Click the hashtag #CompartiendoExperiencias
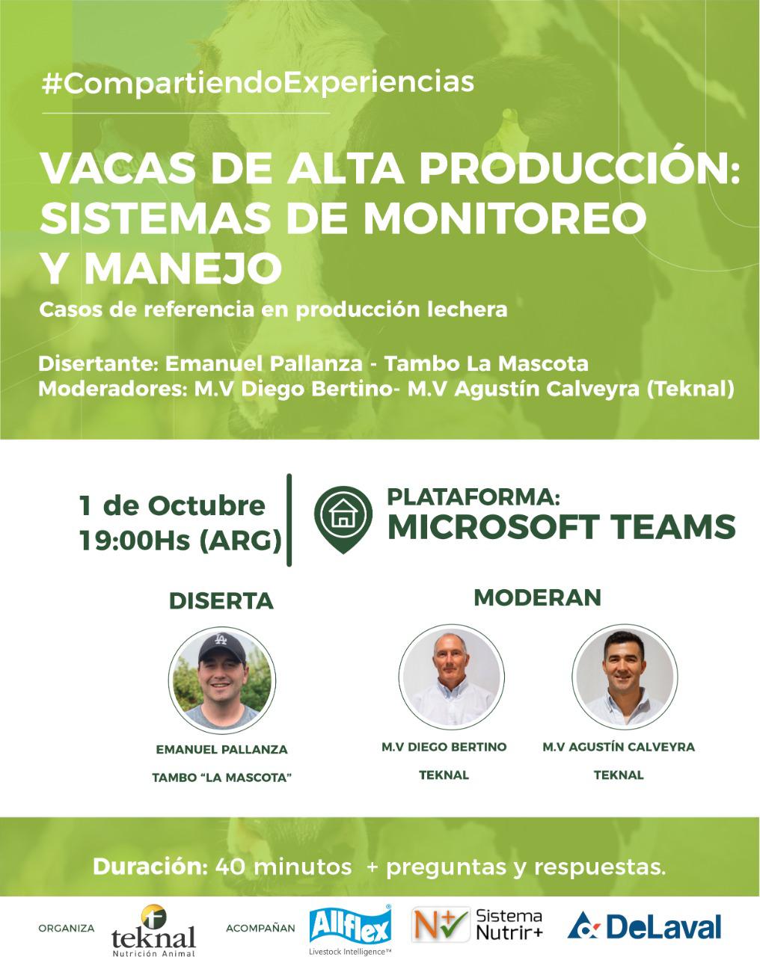point(258,83)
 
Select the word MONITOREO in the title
point(505,219)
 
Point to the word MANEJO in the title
point(183,269)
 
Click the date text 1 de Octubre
point(172,505)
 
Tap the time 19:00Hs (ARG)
point(181,541)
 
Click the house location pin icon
point(343,520)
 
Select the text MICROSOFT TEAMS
point(562,527)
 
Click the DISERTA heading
point(221,601)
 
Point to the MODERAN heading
point(538,597)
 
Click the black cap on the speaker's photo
point(221,647)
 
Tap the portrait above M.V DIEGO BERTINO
point(452,677)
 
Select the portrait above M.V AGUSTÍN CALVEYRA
point(625,677)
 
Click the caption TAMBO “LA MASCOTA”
point(221,778)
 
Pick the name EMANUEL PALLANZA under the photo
point(221,749)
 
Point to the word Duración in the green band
point(150,867)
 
